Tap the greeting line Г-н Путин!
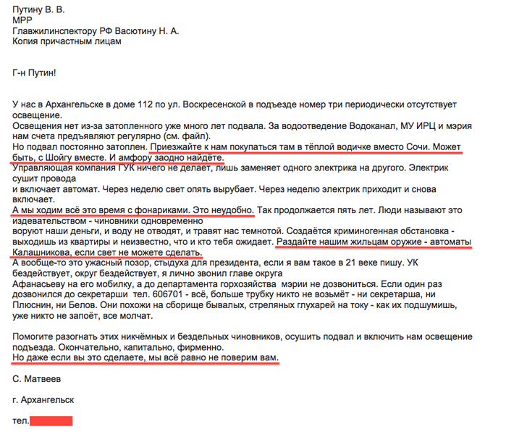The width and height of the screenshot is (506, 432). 34,73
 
